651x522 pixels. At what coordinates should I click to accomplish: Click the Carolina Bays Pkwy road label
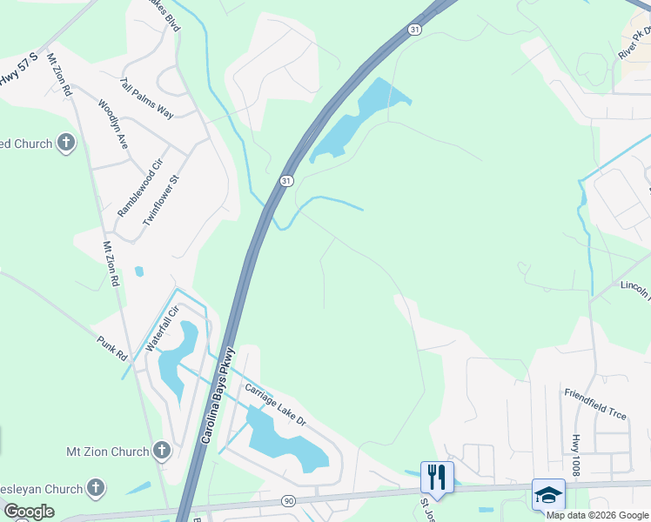tap(218, 398)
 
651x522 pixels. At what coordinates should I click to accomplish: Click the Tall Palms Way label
tap(147, 97)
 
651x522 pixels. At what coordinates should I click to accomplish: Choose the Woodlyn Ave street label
tap(113, 124)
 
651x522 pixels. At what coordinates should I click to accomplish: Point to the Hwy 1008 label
tap(575, 456)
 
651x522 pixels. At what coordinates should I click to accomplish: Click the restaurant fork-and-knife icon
tap(437, 477)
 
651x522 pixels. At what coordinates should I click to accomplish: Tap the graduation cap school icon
tap(548, 494)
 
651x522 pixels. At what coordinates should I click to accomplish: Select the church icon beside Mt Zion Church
tap(161, 451)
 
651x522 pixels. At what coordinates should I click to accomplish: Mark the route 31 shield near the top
tap(415, 30)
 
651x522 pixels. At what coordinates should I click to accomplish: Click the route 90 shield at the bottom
tap(288, 501)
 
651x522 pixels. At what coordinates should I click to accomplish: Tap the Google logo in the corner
tap(29, 512)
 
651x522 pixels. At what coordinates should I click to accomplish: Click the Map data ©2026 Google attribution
tap(597, 515)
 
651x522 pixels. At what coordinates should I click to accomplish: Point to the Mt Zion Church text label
tap(108, 452)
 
